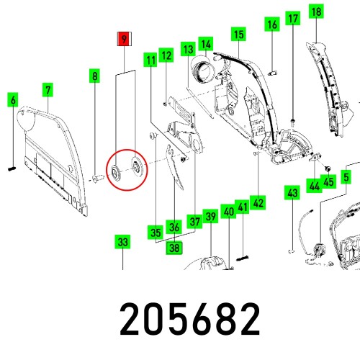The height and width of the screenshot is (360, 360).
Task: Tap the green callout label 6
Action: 12,100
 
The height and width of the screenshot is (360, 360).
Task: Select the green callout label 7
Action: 48,90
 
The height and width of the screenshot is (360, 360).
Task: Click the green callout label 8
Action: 94,75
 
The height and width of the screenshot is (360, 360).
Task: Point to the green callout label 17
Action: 293,19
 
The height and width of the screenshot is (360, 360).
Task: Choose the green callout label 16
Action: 271,26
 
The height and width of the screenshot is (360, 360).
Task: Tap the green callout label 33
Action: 123,242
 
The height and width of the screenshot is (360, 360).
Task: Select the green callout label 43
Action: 292,193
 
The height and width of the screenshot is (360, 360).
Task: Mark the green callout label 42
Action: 258,203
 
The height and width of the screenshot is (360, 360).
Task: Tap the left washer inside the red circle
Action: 115,171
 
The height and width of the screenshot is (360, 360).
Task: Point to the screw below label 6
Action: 13,168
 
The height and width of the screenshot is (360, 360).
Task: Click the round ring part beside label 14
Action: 201,71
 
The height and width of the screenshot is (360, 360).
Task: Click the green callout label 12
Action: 166,55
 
